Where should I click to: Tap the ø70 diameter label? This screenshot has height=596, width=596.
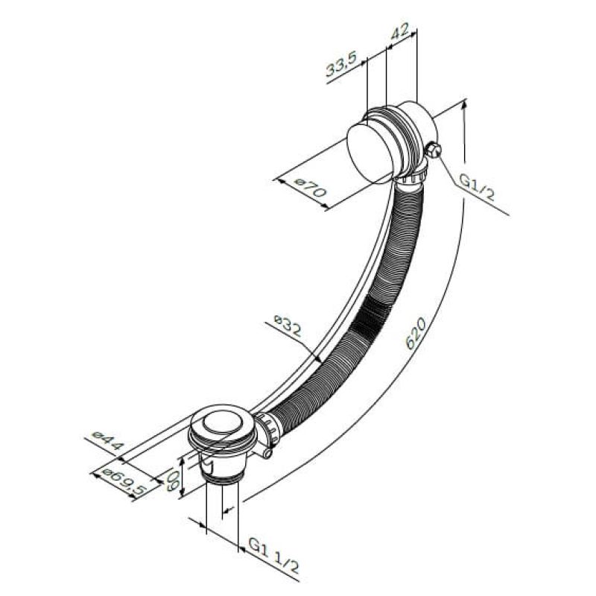coord(311,188)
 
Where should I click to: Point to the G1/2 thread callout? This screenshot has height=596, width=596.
coord(477,188)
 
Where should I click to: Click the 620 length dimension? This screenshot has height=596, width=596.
coord(416,334)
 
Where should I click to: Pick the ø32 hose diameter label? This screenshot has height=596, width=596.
coord(288,325)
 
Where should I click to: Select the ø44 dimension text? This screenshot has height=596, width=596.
coord(108,441)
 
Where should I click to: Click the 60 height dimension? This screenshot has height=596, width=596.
coord(172,480)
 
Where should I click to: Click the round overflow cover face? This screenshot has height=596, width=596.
coord(369,153)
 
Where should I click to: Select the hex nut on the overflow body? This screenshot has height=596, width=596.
coord(434,150)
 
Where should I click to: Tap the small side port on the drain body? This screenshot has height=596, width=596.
coord(267,453)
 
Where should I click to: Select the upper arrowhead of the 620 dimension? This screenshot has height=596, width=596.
coord(463,106)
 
